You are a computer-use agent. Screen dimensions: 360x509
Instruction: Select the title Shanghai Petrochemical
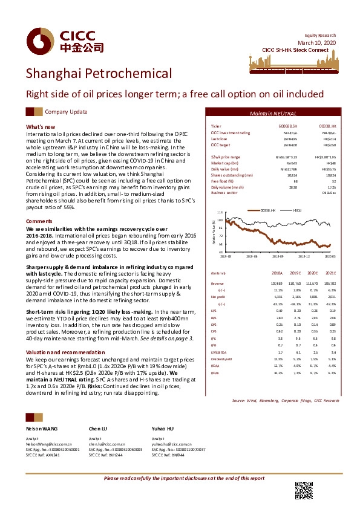click(99, 74)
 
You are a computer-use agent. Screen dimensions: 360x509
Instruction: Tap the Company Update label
click(66, 112)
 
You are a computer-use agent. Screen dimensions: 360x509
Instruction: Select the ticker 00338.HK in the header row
click(327, 126)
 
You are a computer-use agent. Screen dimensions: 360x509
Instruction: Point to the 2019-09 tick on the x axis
click(277, 256)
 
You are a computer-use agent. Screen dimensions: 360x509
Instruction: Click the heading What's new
click(41, 126)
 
